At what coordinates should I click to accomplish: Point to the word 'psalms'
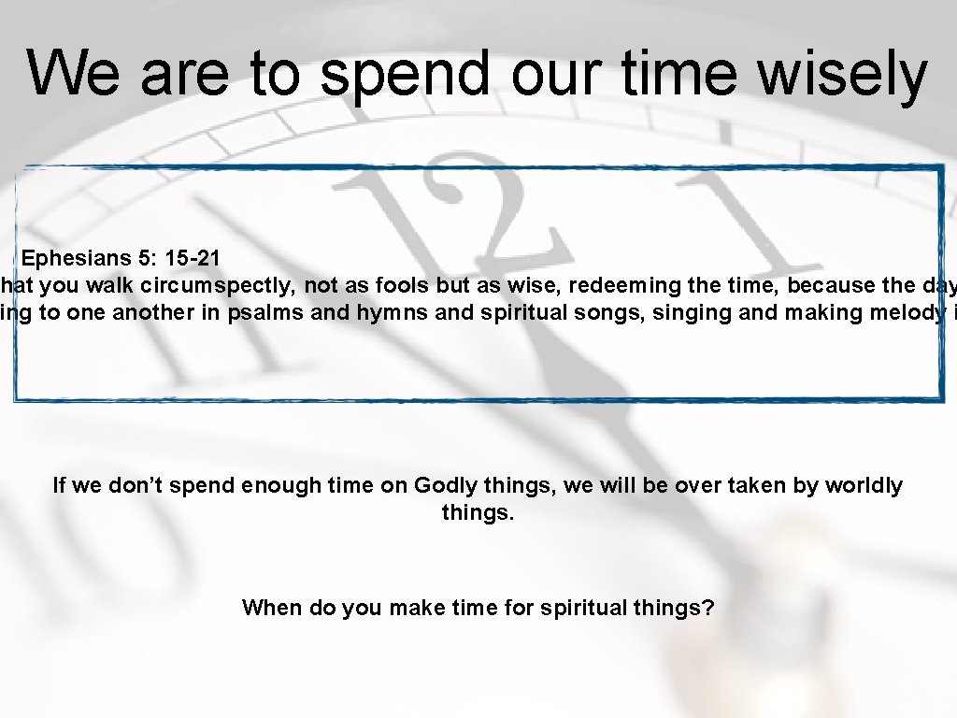(x=265, y=312)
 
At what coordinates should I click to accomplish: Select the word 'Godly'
(x=445, y=485)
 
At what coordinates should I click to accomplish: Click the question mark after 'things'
(x=709, y=608)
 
